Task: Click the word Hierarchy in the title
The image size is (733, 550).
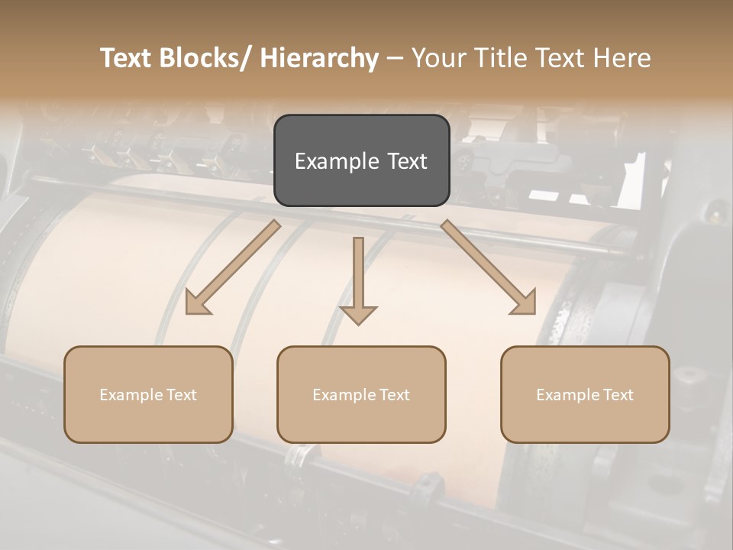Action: point(319,58)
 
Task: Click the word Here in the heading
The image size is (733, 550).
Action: point(621,58)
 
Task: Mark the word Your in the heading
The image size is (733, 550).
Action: point(438,58)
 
